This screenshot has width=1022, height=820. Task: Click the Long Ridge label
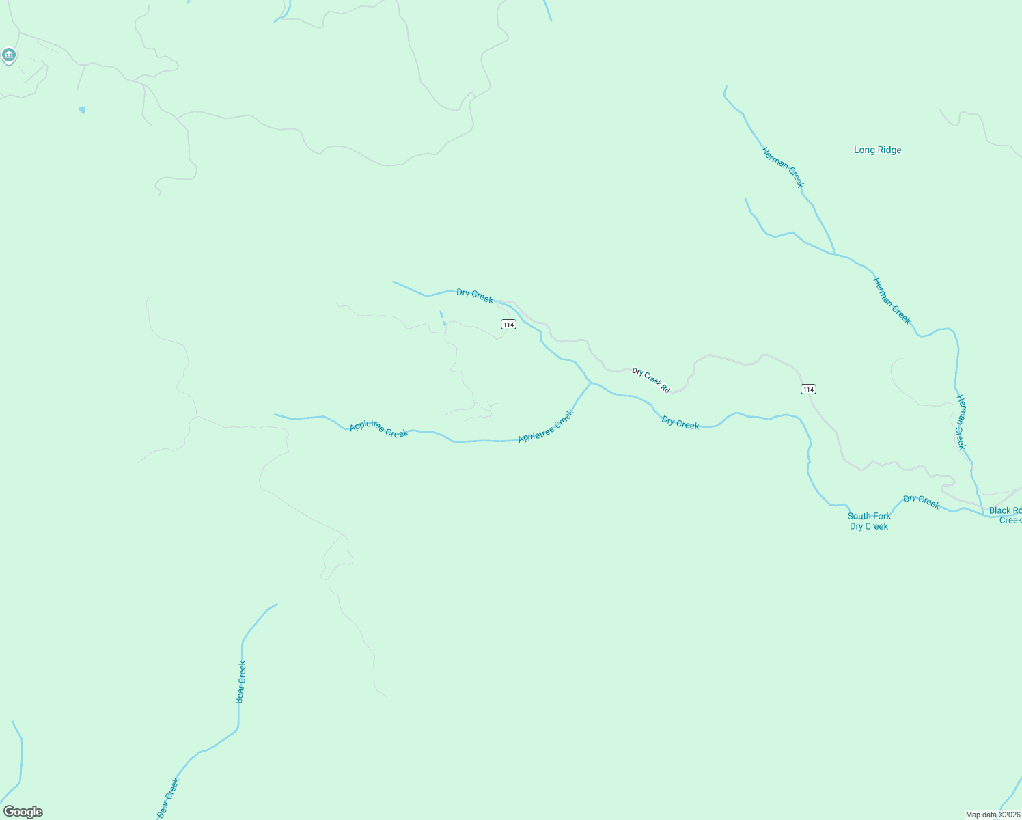[877, 150]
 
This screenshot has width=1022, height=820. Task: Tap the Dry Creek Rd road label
[650, 380]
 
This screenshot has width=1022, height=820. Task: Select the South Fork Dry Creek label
[869, 521]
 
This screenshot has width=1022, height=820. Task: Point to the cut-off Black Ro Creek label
[1006, 515]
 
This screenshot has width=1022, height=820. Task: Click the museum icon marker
[9, 55]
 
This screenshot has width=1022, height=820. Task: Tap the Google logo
[23, 812]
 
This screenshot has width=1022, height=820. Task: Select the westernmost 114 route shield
[508, 325]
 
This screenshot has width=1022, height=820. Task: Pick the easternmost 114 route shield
[808, 389]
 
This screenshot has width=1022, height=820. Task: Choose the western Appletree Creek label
[378, 429]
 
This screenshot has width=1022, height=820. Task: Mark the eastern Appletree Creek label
[546, 426]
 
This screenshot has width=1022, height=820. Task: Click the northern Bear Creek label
[240, 681]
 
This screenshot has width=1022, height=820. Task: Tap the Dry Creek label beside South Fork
[922, 502]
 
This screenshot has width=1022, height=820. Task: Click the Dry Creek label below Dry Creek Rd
[680, 424]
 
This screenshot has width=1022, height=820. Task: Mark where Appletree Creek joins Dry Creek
[591, 383]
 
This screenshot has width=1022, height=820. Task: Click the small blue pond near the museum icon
[82, 110]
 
